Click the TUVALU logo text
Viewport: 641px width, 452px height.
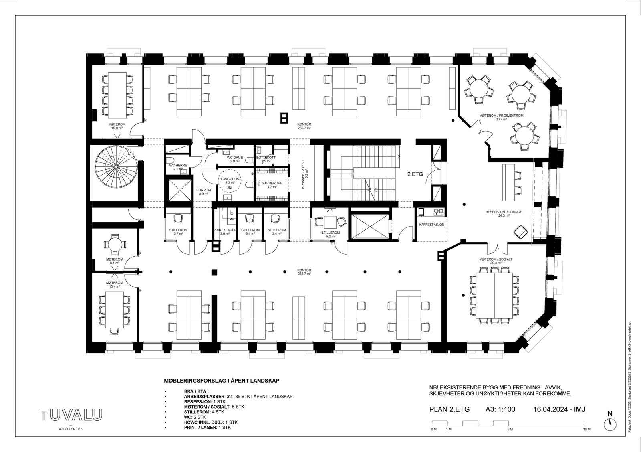click(x=71, y=415)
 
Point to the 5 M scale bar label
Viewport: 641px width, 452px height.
click(x=510, y=429)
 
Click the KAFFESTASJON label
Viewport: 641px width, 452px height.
click(x=431, y=225)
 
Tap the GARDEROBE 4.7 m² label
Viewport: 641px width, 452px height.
click(x=272, y=185)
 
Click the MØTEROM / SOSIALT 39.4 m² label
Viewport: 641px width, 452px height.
click(x=496, y=261)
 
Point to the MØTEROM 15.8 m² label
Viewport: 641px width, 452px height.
click(x=116, y=126)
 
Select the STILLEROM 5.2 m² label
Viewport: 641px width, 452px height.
click(x=331, y=235)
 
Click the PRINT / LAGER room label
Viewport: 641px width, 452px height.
click(x=225, y=231)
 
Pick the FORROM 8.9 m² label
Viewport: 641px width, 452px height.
click(x=204, y=192)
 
